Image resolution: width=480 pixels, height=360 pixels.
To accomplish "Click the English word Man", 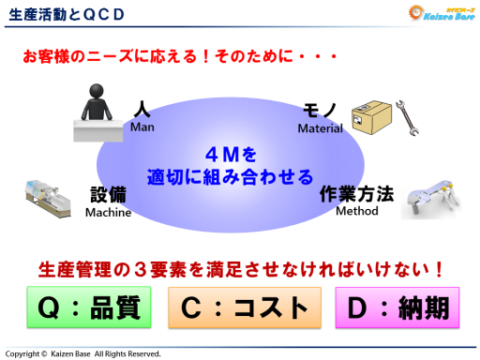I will click(142, 127).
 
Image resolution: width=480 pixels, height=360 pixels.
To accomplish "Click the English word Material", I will click(321, 127).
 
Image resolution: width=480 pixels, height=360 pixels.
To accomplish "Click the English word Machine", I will click(108, 212).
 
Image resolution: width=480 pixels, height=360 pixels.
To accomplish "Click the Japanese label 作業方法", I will click(356, 194).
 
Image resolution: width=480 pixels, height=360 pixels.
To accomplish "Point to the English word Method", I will click(356, 211).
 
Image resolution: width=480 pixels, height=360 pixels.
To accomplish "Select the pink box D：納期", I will click(398, 307).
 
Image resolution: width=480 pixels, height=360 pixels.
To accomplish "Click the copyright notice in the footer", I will click(83, 352).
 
